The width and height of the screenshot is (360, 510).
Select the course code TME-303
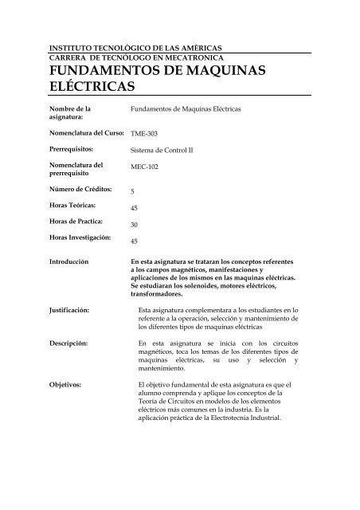pyautogui.click(x=144, y=135)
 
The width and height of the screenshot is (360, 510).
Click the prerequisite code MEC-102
pyautogui.click(x=145, y=169)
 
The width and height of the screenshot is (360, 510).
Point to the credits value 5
pyautogui.click(x=132, y=192)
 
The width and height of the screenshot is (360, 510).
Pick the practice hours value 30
pyautogui.click(x=135, y=225)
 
